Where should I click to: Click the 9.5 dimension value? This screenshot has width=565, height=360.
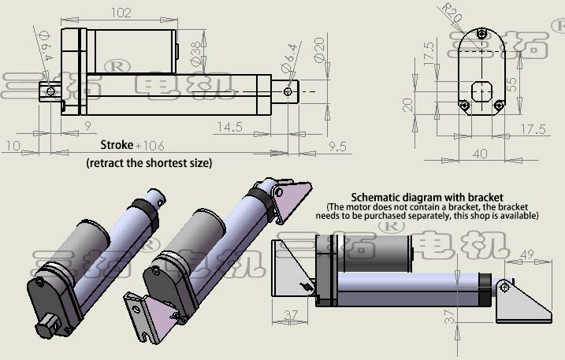(336, 146)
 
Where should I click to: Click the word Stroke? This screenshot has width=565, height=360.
(117, 146)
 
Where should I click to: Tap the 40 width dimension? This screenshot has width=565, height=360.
(480, 154)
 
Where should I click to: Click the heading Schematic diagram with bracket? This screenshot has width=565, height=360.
(426, 197)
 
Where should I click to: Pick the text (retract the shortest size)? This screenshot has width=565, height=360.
(149, 163)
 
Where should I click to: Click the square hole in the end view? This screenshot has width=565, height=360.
(481, 90)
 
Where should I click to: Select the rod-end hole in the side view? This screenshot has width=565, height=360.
(288, 91)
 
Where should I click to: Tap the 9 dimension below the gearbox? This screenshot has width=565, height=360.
(87, 126)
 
